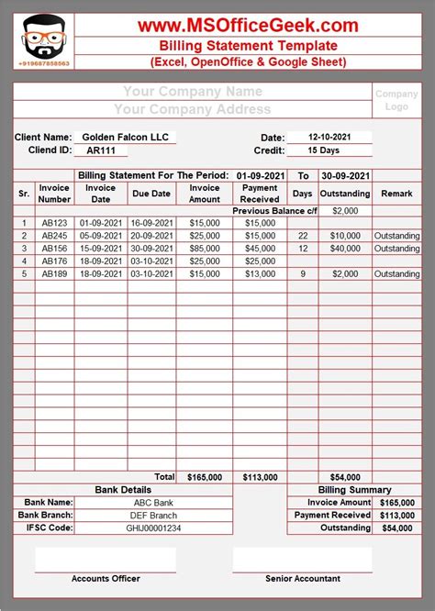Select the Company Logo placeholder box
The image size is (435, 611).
click(x=396, y=100)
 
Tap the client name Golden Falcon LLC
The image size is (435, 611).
click(x=125, y=138)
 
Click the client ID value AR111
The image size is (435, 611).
click(x=101, y=150)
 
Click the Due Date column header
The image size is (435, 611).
click(x=151, y=194)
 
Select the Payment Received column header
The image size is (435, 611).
click(x=259, y=194)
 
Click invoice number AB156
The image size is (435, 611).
click(x=54, y=249)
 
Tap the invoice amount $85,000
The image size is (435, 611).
click(x=204, y=249)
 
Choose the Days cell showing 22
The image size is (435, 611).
click(x=302, y=236)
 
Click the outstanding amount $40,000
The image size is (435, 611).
click(x=345, y=249)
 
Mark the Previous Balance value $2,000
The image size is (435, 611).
click(x=345, y=211)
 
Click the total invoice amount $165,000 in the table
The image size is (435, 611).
click(x=204, y=478)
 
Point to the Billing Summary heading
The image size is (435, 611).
click(x=354, y=490)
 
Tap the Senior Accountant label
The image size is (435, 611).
click(x=302, y=579)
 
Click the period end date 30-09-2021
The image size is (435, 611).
click(x=345, y=175)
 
